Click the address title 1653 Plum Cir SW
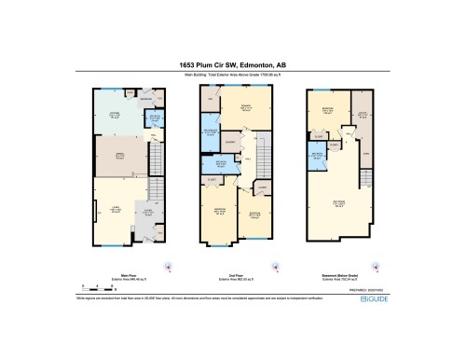pos(232,65)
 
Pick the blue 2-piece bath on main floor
pos(155,118)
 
